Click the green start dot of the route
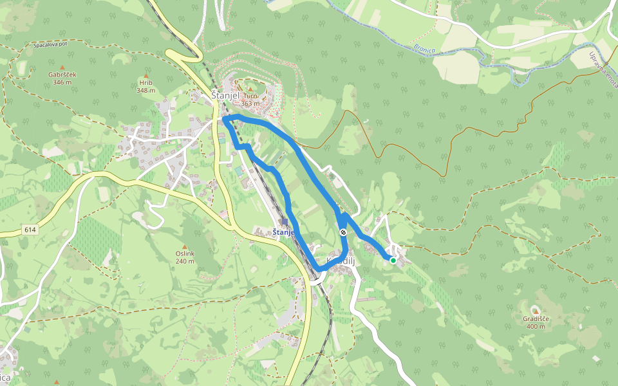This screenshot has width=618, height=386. point(393,260)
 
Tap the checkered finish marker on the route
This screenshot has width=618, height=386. point(344,233)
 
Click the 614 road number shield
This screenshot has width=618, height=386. point(30,230)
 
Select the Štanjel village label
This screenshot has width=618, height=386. point(225,96)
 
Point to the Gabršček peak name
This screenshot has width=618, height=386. point(62,75)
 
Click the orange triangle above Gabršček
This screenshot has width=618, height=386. point(62,67)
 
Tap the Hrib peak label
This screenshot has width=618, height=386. point(146,83)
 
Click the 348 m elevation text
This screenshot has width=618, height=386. point(146,91)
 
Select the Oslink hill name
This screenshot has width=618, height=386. point(185,253)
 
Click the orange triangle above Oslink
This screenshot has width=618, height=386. point(185,246)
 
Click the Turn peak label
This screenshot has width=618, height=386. point(250,96)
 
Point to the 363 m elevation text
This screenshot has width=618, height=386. point(250,104)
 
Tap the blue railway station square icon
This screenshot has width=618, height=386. point(285,221)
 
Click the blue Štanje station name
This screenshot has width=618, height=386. point(283,232)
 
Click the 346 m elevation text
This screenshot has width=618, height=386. point(62,82)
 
